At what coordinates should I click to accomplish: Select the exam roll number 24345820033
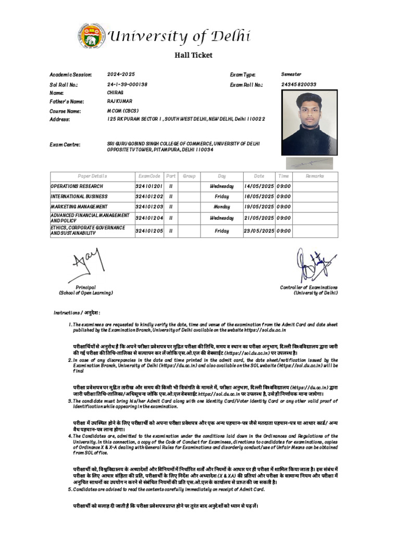click(299, 84)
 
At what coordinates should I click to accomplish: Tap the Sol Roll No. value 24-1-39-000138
click(128, 84)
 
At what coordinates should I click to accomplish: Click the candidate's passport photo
click(309, 122)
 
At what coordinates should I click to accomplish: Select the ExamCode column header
click(149, 176)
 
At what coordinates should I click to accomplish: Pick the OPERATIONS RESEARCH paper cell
click(77, 186)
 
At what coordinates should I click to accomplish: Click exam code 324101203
click(149, 207)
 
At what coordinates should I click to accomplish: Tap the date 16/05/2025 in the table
click(259, 197)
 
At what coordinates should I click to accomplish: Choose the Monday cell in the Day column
click(222, 207)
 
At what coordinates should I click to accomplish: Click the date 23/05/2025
click(259, 231)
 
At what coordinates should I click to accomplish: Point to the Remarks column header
click(315, 176)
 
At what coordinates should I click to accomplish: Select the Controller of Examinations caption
click(309, 290)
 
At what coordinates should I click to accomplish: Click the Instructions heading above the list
click(77, 313)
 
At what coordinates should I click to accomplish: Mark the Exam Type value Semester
click(291, 74)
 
